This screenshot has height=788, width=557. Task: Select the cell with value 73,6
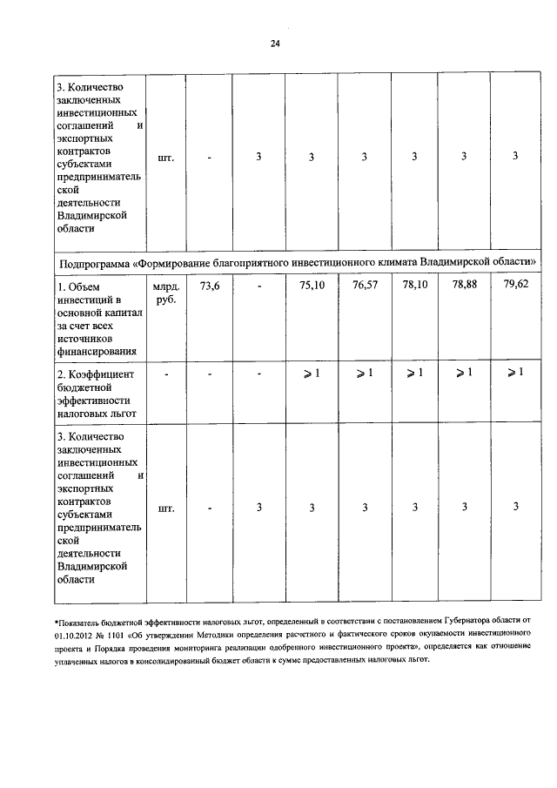(210, 284)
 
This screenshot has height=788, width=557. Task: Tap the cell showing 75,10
(312, 284)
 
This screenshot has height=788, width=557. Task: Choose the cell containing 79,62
(515, 284)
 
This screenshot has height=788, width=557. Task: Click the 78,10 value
(415, 284)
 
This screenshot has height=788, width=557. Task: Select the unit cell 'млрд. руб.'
(164, 292)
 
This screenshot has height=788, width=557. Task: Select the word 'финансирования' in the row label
(97, 351)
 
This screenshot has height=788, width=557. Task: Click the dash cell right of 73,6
(259, 284)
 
